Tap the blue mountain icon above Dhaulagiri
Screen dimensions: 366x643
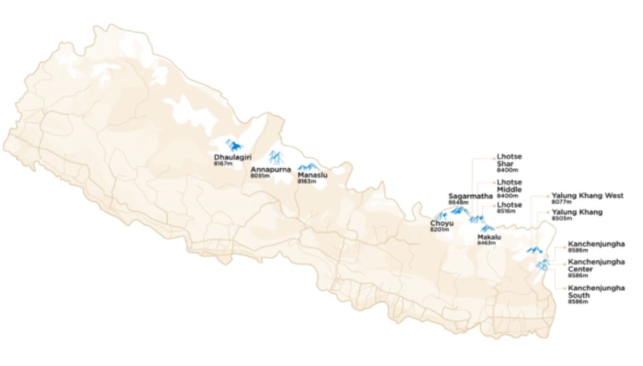[x=232, y=145]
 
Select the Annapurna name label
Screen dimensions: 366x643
[x=271, y=169]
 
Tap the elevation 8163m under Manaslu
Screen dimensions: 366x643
[x=306, y=182]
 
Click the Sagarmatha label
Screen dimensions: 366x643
[x=470, y=196]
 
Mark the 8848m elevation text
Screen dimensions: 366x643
[x=458, y=202]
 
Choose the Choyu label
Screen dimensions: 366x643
[x=441, y=223]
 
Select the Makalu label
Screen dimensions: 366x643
[x=489, y=236]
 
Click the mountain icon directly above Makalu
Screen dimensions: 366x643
[x=487, y=228]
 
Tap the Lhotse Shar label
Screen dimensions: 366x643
[x=509, y=160]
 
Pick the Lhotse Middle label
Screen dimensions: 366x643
[x=509, y=186]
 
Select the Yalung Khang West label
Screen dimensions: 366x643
[x=587, y=196]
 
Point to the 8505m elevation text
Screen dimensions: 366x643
[x=561, y=218]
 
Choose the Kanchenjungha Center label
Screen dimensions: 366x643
[x=596, y=265]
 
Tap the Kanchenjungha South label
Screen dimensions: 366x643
[x=596, y=291]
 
